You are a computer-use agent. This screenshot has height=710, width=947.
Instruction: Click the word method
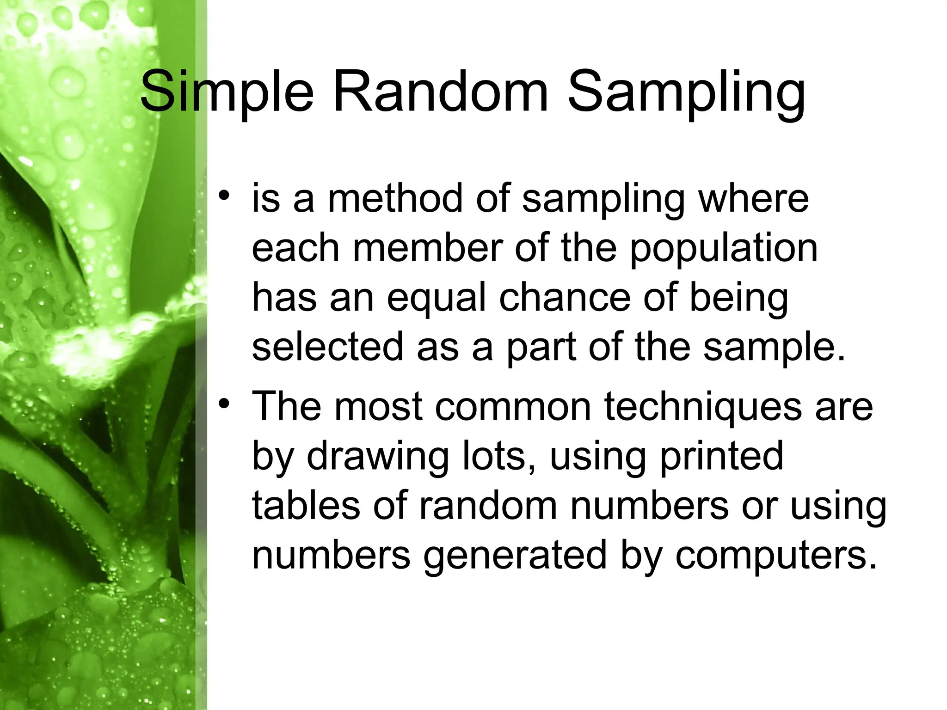click(x=395, y=198)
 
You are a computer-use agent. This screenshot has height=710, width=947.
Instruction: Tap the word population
click(x=724, y=250)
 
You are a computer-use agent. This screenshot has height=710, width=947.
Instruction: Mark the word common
click(x=513, y=407)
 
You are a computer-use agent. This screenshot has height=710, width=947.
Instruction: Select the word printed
click(x=722, y=457)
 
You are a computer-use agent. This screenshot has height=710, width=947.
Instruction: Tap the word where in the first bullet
click(x=754, y=198)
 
